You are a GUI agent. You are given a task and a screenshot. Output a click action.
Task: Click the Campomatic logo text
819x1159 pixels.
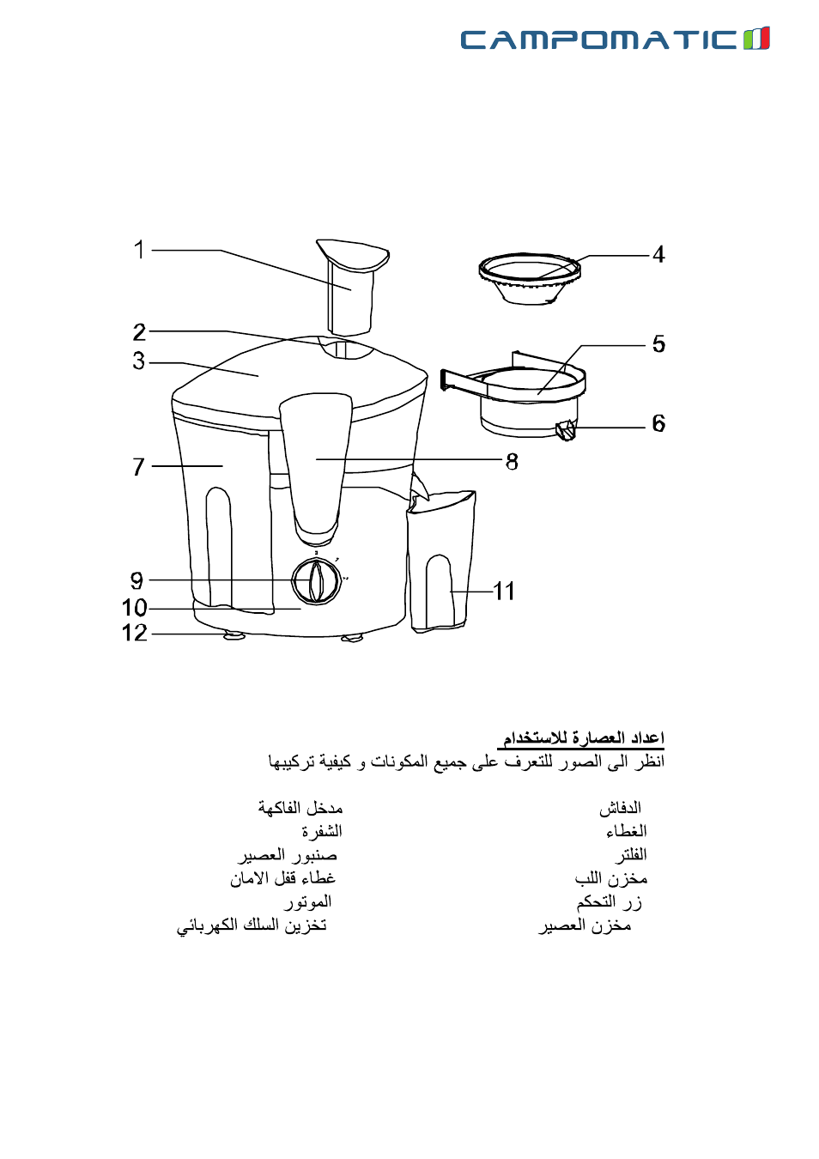598,39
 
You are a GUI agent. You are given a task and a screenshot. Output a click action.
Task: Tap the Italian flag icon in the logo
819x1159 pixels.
756,39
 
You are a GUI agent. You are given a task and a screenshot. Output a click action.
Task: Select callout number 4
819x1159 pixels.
658,255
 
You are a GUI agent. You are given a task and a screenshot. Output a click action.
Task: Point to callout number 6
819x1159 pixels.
658,423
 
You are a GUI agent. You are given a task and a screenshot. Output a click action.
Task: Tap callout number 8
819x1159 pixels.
512,462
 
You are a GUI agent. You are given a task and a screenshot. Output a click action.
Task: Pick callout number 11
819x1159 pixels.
504,592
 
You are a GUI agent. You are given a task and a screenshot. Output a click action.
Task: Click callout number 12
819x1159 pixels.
135,633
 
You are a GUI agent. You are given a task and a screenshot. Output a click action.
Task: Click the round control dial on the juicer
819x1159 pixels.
316,581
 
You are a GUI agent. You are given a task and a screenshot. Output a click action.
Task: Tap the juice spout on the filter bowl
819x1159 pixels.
566,430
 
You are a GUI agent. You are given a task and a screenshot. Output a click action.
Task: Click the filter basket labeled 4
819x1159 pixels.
530,278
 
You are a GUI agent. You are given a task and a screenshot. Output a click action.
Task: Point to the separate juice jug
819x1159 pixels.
440,561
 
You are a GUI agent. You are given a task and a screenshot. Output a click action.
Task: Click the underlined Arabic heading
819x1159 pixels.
581,738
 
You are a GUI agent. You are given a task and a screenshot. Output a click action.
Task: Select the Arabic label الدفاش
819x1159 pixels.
620,808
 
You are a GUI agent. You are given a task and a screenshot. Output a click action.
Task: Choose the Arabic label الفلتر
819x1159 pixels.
631,855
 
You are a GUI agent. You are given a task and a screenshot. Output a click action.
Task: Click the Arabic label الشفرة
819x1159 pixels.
322,831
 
